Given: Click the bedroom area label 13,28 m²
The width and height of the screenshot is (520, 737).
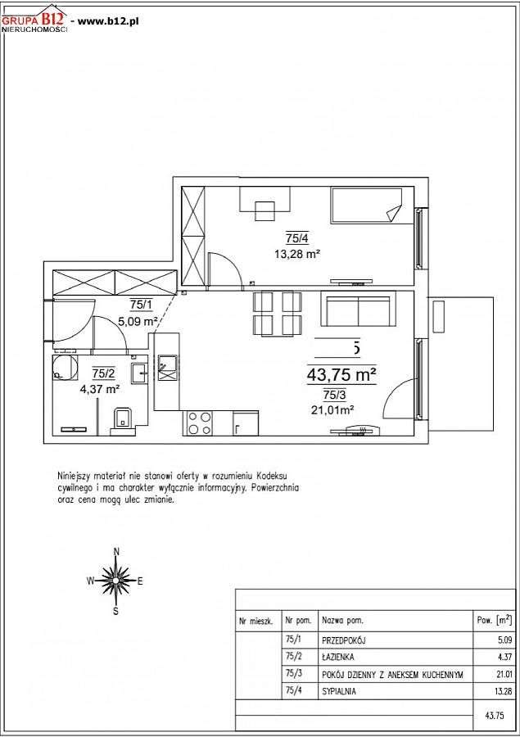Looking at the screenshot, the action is (297, 255).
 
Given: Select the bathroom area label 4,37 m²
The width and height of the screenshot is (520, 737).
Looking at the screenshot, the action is (99, 389).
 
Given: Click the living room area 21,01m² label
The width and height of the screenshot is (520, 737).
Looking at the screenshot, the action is (332, 410).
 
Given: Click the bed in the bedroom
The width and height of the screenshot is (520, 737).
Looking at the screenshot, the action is (366, 206).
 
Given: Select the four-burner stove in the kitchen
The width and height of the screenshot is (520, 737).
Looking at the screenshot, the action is (199, 423).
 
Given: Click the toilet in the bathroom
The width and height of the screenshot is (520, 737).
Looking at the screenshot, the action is (123, 418).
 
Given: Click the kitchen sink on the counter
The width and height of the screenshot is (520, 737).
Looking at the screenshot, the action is (167, 367).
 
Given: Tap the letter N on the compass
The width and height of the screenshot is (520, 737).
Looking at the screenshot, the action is (116, 552).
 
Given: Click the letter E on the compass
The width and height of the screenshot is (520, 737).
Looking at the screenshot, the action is (140, 581).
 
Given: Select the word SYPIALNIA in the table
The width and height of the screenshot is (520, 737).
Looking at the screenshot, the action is (338, 691).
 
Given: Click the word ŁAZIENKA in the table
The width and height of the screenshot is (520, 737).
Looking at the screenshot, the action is (337, 657).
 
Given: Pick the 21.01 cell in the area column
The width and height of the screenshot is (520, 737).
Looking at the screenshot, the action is (504, 675).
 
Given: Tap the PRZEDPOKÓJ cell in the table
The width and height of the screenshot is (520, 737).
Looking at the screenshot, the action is (344, 640).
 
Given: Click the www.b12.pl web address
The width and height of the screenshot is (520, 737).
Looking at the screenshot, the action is (107, 20).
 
